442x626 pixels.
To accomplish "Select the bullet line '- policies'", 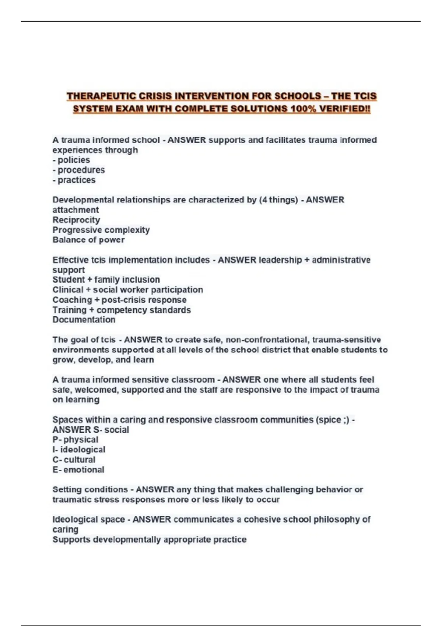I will [x=71, y=160].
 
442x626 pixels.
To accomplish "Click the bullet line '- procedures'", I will [x=78, y=170].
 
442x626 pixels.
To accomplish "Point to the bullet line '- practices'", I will [x=74, y=180].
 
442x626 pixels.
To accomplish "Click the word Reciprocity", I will [x=76, y=220].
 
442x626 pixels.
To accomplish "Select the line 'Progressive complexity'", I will [x=101, y=230].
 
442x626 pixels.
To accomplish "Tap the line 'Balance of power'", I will [x=88, y=240].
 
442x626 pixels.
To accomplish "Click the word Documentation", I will [x=84, y=320].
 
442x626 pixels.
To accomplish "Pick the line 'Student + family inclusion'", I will [x=106, y=279].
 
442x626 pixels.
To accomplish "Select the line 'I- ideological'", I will [x=79, y=450].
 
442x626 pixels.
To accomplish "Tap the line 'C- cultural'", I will [x=74, y=460].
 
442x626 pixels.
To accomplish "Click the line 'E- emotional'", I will [x=78, y=470].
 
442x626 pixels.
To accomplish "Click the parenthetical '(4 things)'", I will [x=278, y=200].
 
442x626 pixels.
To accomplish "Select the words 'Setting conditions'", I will [x=90, y=490].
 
